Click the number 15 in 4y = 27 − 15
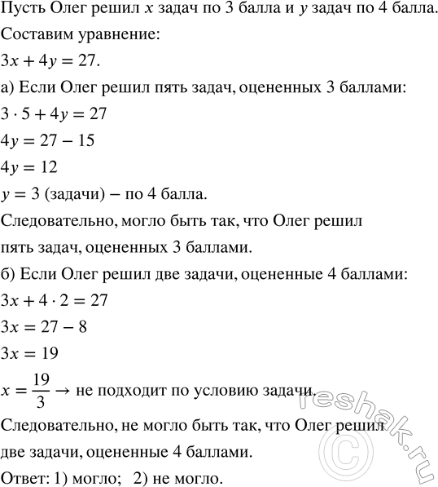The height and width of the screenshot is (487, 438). (84, 140)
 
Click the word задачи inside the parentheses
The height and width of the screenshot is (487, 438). (82, 193)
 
